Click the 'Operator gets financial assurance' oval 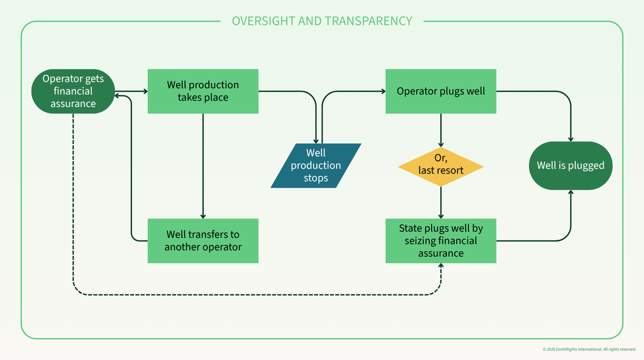[73, 91]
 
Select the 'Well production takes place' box [203, 91]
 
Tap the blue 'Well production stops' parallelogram [316, 166]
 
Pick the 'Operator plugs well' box [441, 91]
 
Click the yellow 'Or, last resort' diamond [441, 167]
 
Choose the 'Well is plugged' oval [570, 166]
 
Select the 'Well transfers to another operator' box [203, 241]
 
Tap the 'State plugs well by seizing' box [441, 241]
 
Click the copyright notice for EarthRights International [589, 349]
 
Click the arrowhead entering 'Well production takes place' [145, 91]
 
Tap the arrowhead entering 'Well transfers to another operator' [203, 216]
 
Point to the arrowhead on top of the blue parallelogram [316, 141]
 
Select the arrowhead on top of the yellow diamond [441, 145]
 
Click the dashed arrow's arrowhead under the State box [441, 266]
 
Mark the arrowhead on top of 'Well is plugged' [570, 139]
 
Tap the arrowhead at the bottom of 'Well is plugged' [570, 193]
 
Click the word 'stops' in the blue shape [316, 178]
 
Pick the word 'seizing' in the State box [420, 241]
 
